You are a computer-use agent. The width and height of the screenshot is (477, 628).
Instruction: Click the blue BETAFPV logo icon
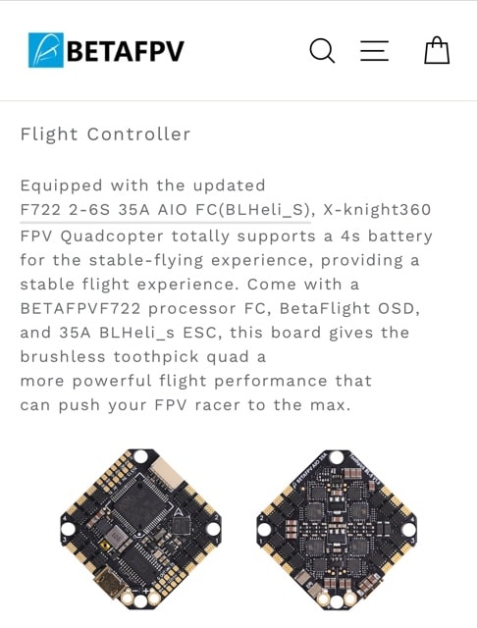(x=46, y=50)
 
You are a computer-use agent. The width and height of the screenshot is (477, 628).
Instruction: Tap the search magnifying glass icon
(x=322, y=51)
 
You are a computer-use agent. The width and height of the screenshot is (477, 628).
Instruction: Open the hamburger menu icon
(x=375, y=51)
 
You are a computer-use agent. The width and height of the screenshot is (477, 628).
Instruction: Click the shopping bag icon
(x=437, y=50)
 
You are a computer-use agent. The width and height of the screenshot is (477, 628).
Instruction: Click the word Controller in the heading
(x=138, y=134)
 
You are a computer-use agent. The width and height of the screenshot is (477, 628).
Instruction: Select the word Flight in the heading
(x=49, y=134)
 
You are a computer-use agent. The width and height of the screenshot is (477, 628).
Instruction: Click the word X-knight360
(x=377, y=209)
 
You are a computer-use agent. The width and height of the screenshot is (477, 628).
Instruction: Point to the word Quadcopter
(x=112, y=236)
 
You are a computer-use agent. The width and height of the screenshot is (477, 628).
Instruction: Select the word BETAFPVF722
(x=80, y=308)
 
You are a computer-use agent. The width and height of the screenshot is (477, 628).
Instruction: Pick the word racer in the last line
(x=218, y=405)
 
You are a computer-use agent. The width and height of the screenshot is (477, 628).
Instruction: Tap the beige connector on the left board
(x=169, y=474)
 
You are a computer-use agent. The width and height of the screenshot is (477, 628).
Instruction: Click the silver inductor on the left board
(x=116, y=537)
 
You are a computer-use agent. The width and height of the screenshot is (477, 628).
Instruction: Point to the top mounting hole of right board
(x=337, y=456)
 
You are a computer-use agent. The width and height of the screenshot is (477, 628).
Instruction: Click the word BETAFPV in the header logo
(x=126, y=51)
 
